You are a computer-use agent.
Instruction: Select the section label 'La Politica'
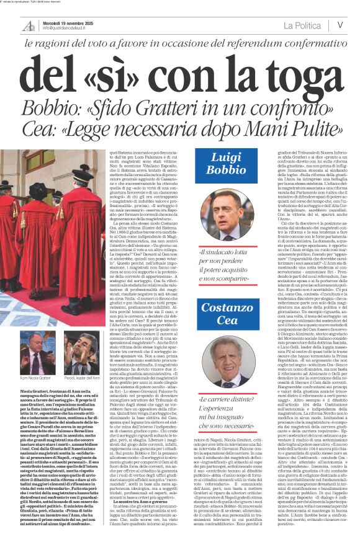click(x=303, y=25)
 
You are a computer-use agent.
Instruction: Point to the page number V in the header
click(x=340, y=25)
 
